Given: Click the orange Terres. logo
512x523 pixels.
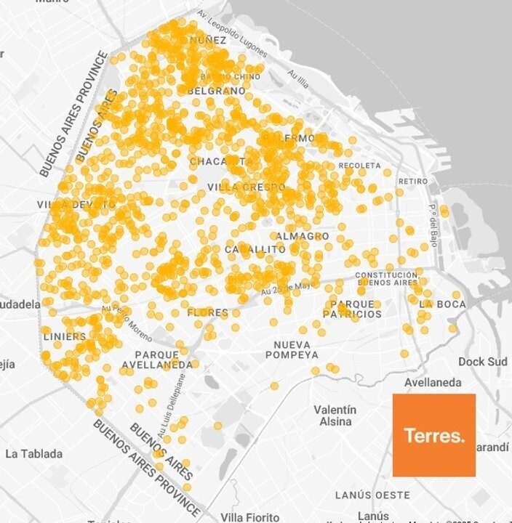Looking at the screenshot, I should coord(433,435).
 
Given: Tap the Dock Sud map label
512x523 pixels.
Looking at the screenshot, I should coord(482,361).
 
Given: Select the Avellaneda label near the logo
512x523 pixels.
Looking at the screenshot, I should coord(433,382).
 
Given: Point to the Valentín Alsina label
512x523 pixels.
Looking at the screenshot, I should coord(335,415).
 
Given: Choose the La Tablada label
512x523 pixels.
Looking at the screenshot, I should coord(33,454).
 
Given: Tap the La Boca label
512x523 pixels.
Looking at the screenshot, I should coord(442,304).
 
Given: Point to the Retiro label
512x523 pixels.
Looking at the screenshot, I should coord(412,181).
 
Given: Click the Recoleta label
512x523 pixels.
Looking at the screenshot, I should coord(359,166).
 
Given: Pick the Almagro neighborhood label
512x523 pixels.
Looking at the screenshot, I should coord(302,236).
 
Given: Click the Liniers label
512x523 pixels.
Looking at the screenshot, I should coord(65,336).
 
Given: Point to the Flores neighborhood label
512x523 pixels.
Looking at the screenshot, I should coord(207,312).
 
